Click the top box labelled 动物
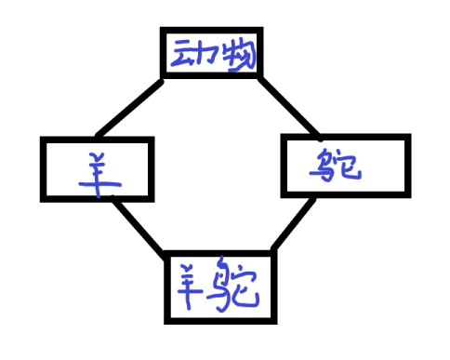click(211, 55)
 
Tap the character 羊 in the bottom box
click(189, 284)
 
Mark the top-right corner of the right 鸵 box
click(407, 138)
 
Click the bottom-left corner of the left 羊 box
click(44, 198)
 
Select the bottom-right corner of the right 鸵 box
click(406, 195)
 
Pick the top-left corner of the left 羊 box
click(44, 140)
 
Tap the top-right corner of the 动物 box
click(258, 33)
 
